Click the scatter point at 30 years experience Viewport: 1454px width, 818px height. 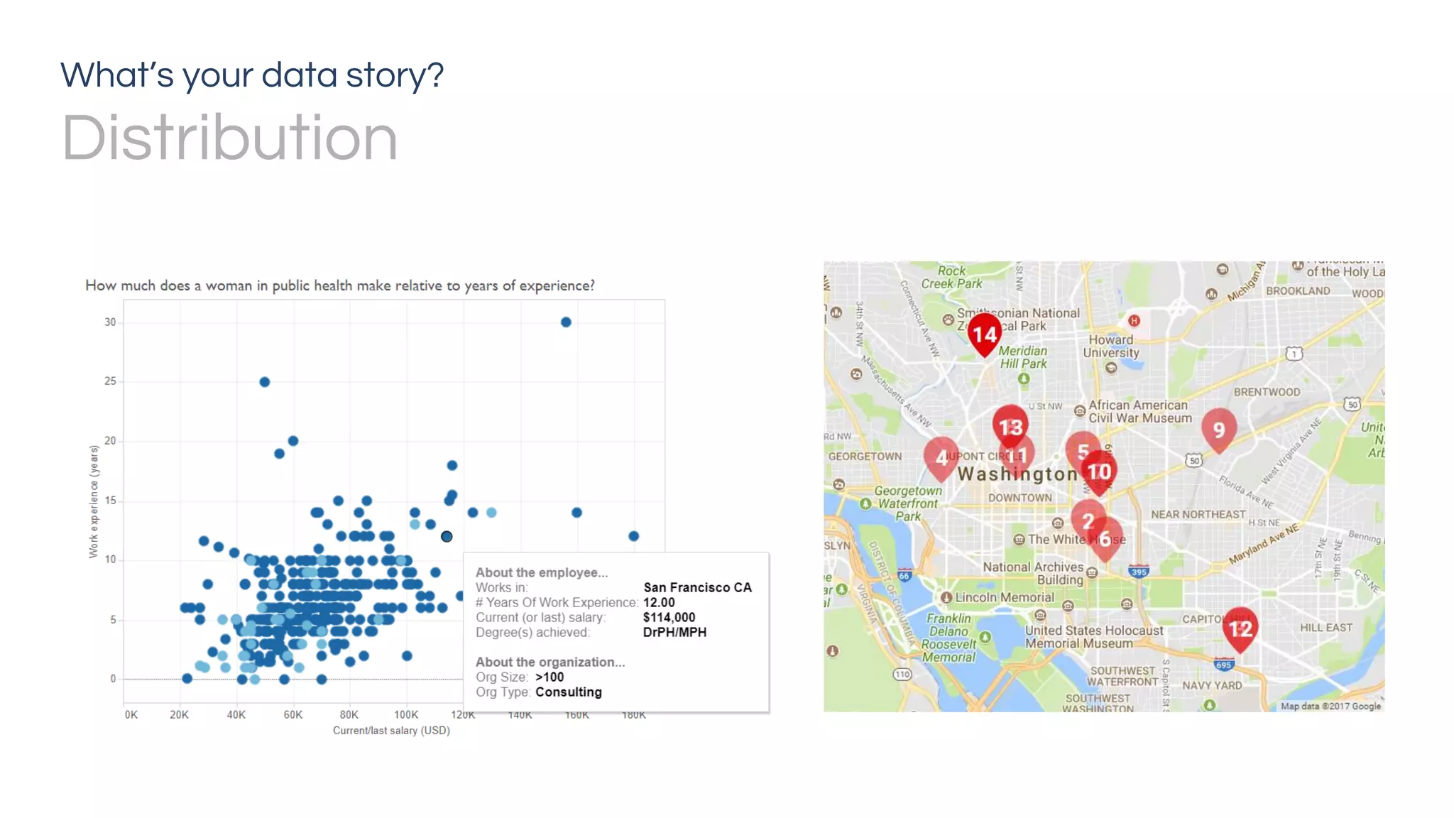[566, 322]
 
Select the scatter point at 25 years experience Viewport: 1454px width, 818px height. [265, 382]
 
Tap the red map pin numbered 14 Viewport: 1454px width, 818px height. [985, 334]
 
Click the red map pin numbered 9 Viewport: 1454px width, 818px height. [1219, 430]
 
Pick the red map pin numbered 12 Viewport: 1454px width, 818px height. [1240, 628]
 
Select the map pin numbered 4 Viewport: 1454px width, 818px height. [941, 457]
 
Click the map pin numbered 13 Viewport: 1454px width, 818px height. [1010, 427]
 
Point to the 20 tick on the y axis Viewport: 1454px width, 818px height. [110, 441]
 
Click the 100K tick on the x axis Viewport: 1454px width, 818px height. [406, 715]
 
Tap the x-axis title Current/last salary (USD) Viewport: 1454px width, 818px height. [391, 731]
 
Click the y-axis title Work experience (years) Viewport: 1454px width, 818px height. [94, 501]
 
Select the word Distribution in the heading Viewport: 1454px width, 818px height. [229, 138]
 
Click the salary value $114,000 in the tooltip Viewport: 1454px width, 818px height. [669, 618]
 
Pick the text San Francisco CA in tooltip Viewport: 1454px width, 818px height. [697, 588]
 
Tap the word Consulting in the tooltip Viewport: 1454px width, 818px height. [568, 692]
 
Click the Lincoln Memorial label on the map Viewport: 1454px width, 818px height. [1004, 598]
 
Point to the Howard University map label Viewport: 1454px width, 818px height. [1111, 347]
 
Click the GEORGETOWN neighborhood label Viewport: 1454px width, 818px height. [865, 457]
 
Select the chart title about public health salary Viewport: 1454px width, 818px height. [340, 285]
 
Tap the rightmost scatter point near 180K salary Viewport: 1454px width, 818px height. [634, 536]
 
